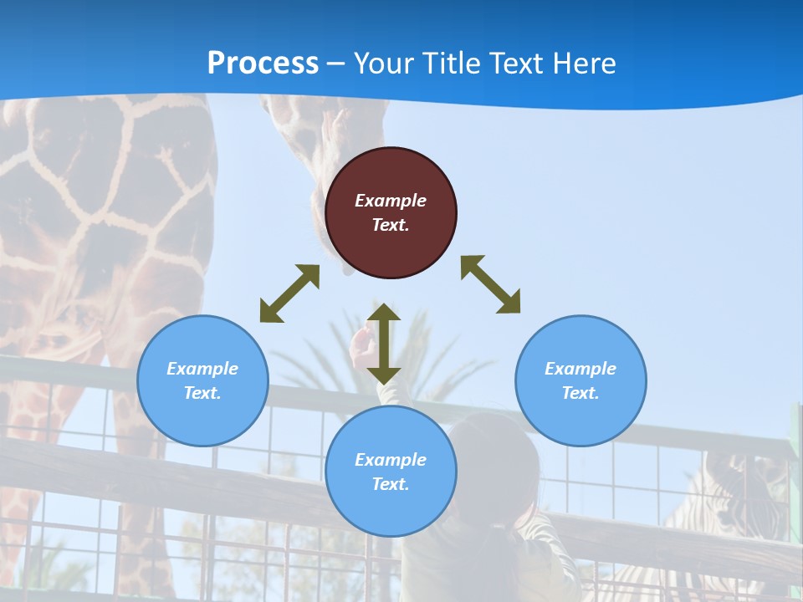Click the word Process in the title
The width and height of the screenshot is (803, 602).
tap(263, 64)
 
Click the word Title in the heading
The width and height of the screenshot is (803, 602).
tap(450, 64)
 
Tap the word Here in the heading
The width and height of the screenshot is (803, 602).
tap(582, 64)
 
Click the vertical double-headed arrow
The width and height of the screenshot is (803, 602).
tap(384, 344)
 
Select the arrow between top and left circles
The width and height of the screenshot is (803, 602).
tap(289, 293)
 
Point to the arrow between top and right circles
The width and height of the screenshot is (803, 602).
tap(491, 284)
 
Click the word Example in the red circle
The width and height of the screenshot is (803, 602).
tap(391, 201)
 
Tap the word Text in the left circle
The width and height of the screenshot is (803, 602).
tap(202, 393)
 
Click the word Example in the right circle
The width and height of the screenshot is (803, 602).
tap(581, 369)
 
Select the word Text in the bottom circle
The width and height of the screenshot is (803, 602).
tap(391, 484)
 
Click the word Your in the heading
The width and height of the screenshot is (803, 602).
tap(381, 64)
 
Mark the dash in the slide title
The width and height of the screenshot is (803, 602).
tap(336, 64)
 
